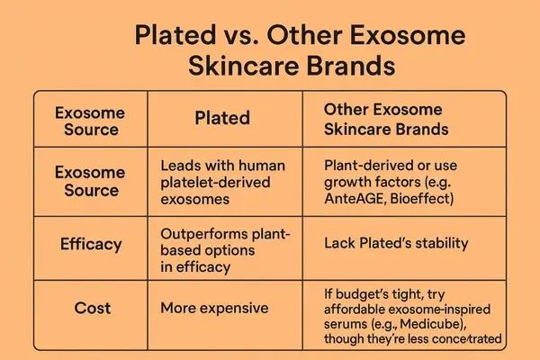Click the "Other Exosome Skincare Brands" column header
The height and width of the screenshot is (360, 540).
coord(388,118)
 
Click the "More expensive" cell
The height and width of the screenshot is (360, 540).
coord(214,308)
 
